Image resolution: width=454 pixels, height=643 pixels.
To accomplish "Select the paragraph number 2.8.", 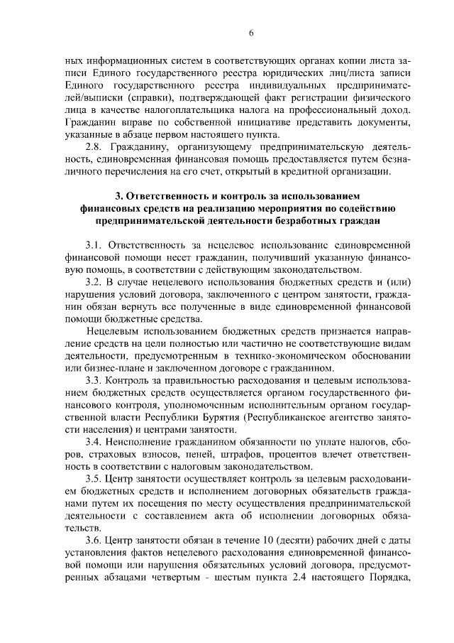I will coord(93,147).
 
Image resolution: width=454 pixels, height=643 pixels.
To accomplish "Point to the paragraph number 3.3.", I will coord(94,381).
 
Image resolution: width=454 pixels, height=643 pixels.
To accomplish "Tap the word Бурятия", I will coord(211,418).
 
